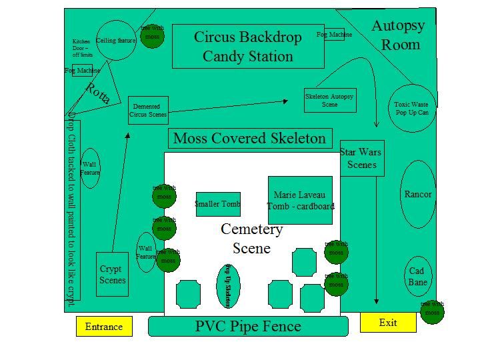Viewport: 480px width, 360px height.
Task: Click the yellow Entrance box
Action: [x=104, y=327]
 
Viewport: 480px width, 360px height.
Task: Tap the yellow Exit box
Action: [x=388, y=323]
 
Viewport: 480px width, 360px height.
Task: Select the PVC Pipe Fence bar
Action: [x=248, y=327]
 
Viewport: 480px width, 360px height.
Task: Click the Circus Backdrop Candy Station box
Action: [x=248, y=47]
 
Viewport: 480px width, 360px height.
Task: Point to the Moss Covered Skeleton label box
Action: [x=250, y=139]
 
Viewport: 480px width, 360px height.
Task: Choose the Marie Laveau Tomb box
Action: [x=300, y=200]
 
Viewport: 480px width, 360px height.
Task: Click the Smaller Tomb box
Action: [x=218, y=204]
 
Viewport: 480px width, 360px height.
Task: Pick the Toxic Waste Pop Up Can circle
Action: [x=411, y=109]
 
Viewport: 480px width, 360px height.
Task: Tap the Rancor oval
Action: [x=418, y=195]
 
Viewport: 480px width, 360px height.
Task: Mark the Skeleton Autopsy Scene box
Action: [x=329, y=100]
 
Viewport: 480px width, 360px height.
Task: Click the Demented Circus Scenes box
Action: [x=148, y=110]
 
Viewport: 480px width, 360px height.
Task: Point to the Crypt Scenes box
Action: [x=112, y=274]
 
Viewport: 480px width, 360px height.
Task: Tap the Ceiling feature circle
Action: [x=116, y=41]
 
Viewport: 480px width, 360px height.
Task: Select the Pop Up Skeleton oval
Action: [x=227, y=286]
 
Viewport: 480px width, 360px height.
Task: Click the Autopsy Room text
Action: [x=398, y=35]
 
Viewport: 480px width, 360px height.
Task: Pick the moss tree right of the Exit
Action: [x=433, y=311]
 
